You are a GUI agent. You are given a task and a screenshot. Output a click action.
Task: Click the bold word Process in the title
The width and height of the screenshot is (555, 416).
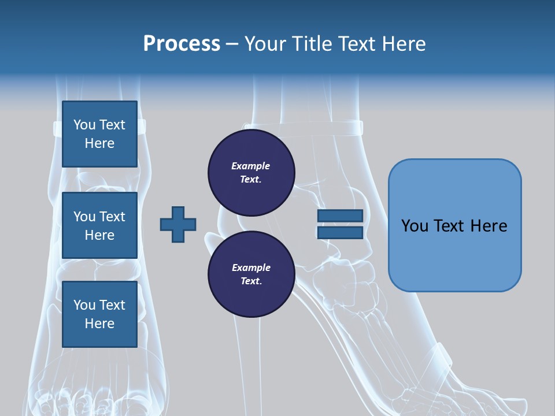click(182, 44)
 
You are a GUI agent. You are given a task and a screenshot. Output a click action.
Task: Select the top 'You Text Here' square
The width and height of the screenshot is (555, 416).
click(99, 134)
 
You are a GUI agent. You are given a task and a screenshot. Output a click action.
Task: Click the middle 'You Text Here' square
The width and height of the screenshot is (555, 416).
click(99, 225)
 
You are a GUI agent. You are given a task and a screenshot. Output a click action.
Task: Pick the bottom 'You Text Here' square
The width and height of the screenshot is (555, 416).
click(99, 314)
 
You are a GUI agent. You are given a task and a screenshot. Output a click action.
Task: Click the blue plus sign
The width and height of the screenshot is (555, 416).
click(178, 224)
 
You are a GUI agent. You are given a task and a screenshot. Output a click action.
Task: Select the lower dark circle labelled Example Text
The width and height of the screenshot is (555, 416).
click(251, 274)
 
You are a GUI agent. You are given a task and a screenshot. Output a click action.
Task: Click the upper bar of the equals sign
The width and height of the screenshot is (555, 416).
click(340, 216)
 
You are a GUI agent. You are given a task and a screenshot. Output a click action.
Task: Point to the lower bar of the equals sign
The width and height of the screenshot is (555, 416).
click(340, 232)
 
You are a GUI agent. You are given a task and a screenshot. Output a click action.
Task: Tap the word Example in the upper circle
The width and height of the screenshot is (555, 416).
click(251, 166)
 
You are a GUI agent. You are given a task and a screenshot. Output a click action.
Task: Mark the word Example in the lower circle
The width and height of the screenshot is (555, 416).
click(251, 268)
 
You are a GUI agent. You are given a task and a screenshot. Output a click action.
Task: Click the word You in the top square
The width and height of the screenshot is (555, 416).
click(84, 125)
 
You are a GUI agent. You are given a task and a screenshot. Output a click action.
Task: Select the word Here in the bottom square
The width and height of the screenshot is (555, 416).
click(99, 324)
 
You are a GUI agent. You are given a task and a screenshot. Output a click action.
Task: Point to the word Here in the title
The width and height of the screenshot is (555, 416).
click(404, 44)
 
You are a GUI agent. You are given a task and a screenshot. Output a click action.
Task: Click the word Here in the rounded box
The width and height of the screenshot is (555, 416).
click(489, 226)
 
